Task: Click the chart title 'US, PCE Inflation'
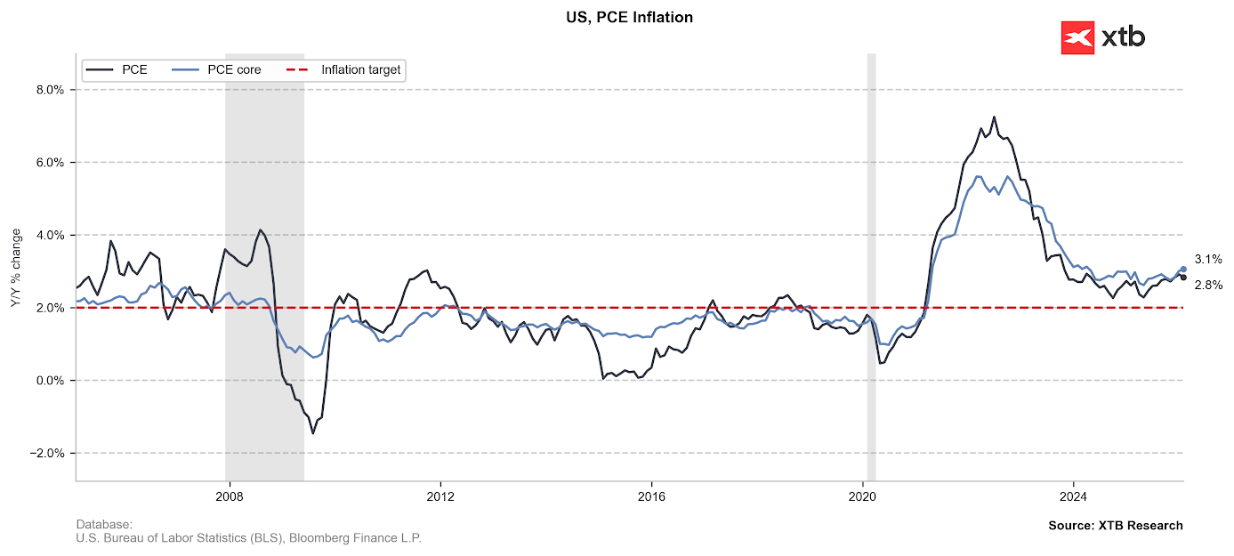pos(629,17)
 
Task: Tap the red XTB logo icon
pos(1077,37)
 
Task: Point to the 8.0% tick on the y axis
pos(49,90)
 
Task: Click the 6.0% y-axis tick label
pos(49,163)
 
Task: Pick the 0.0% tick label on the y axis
pos(49,381)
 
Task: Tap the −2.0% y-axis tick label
pos(46,454)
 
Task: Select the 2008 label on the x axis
pos(230,496)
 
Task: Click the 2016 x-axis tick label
pos(652,496)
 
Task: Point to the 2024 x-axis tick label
pos(1074,496)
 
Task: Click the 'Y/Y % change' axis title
pos(15,268)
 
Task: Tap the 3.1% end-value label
pos(1207,260)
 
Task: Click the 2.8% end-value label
pos(1207,286)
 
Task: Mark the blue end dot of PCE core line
pos(1183,269)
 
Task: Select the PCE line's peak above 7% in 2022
pos(994,117)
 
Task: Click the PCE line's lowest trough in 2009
pos(313,433)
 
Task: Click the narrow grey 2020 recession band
pos(871,267)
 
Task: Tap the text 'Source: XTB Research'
pos(1116,526)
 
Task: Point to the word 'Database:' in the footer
pos(104,524)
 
